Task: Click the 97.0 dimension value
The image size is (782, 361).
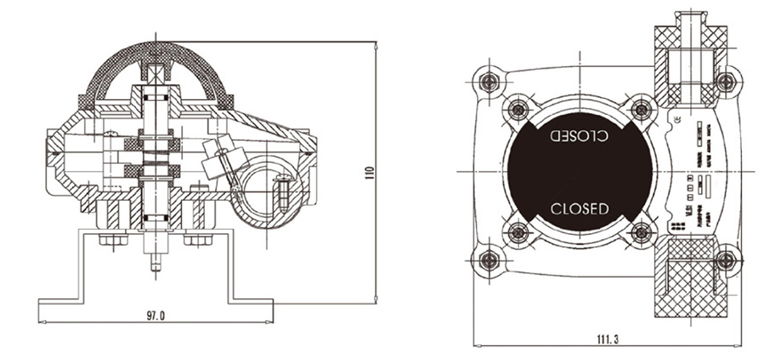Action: point(155,315)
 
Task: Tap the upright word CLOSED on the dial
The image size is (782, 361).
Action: point(579,209)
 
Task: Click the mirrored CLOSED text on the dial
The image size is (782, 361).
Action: point(579,135)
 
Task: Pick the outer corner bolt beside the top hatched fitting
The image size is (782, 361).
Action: point(726,82)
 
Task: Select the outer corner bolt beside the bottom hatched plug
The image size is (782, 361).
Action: point(726,260)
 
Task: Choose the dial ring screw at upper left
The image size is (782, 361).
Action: point(517,109)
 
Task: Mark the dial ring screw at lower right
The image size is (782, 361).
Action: point(641,233)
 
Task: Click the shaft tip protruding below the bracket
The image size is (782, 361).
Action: point(156,261)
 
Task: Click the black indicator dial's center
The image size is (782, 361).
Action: point(579,172)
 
